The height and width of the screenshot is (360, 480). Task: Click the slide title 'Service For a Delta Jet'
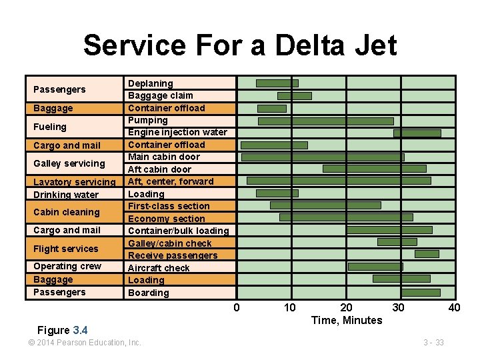(240, 45)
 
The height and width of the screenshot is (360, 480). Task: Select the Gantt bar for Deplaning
(277, 83)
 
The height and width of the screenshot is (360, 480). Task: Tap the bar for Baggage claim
(294, 96)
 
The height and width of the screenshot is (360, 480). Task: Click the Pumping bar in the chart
(325, 121)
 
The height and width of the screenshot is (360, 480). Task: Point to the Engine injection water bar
(417, 133)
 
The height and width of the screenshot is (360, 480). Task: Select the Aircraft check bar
(375, 267)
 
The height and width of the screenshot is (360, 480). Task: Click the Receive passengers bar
(427, 254)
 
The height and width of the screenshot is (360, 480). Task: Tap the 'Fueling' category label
(50, 127)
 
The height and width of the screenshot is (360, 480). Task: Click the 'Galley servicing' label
(69, 163)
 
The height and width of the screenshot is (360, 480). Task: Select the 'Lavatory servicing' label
(74, 182)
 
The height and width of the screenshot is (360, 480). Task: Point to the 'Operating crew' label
(67, 266)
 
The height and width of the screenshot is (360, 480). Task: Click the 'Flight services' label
(65, 249)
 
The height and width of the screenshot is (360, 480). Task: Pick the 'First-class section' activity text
(169, 206)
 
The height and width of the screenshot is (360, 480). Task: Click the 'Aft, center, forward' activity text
(171, 181)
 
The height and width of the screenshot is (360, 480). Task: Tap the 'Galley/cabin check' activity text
(170, 243)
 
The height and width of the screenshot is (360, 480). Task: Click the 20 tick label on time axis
(346, 307)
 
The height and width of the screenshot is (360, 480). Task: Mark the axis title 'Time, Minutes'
(347, 321)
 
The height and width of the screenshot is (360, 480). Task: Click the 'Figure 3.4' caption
(63, 330)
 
